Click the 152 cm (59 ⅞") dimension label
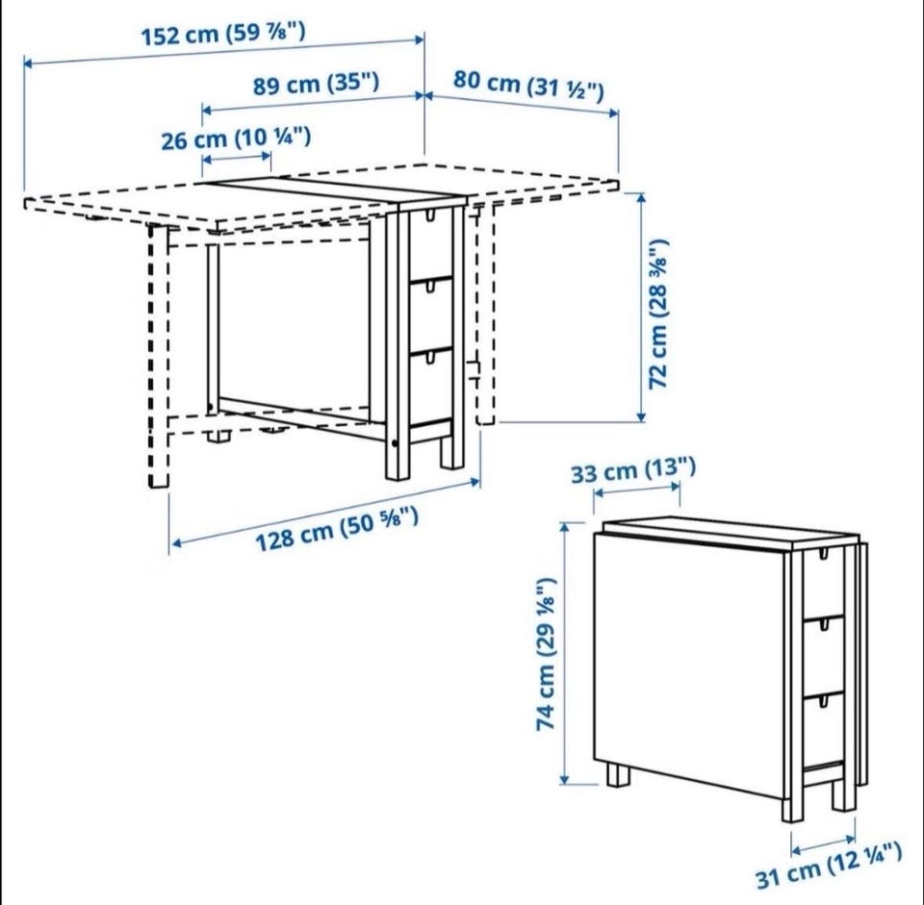click(x=223, y=35)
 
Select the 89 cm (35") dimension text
click(x=316, y=85)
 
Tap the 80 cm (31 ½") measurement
click(x=528, y=85)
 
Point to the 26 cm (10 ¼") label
click(x=236, y=138)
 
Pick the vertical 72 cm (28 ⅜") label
click(x=658, y=313)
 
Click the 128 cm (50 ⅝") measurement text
click(x=337, y=529)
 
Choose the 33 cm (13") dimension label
click(x=633, y=470)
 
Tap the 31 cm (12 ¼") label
click(x=829, y=865)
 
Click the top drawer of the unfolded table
click(x=431, y=243)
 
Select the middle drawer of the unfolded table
click(x=431, y=316)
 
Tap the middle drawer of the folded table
click(x=824, y=657)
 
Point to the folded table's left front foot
click(x=618, y=774)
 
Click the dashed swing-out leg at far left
click(x=157, y=357)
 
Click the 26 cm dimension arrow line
click(x=237, y=159)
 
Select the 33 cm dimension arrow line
click(x=636, y=489)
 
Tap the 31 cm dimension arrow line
click(x=823, y=843)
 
